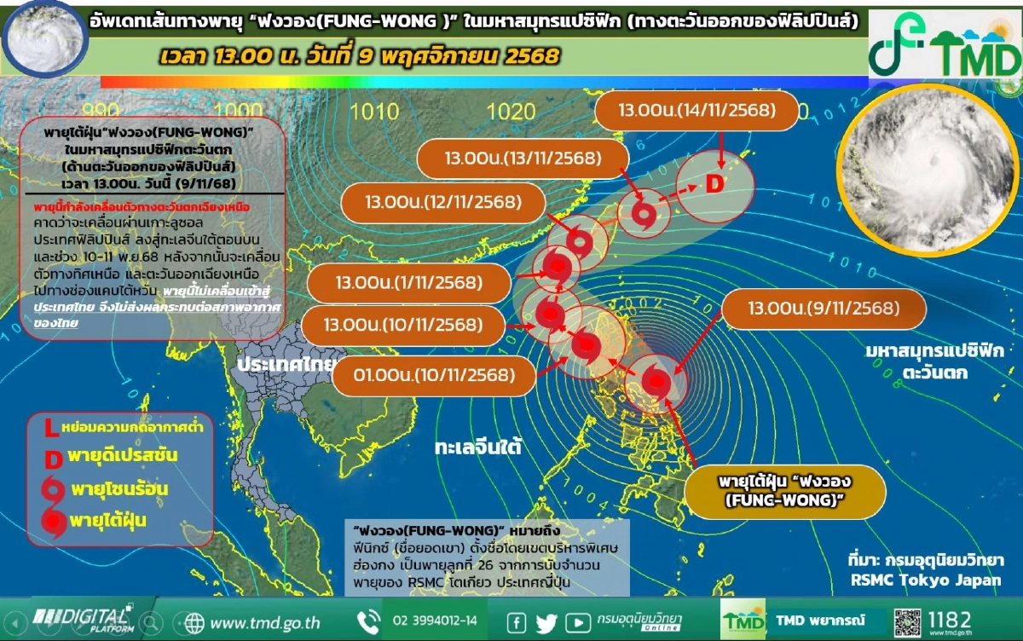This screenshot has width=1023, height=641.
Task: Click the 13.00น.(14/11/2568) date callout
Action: click(x=696, y=111)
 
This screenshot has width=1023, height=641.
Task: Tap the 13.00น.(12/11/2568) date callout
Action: click(x=442, y=203)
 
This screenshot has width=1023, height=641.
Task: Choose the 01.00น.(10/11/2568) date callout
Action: click(x=435, y=375)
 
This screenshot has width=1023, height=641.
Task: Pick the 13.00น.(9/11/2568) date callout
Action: click(x=822, y=309)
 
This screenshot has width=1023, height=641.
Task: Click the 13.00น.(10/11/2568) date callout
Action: click(x=403, y=325)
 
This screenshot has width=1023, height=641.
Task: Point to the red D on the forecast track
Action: click(x=714, y=184)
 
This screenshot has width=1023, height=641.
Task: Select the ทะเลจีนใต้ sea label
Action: click(x=477, y=448)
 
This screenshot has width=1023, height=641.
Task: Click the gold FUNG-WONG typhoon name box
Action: click(x=786, y=491)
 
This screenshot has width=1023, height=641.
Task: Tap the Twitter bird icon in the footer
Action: click(x=546, y=622)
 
